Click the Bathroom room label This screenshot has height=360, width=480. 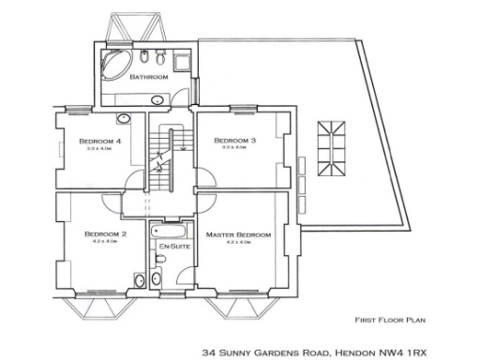[x=148, y=77]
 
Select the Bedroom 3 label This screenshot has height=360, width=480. [x=228, y=140]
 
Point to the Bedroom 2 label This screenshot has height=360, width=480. [x=105, y=233]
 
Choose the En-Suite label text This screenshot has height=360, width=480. [x=170, y=246]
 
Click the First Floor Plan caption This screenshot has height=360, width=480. [x=387, y=318]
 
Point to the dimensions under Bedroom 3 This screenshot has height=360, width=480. [x=228, y=148]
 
